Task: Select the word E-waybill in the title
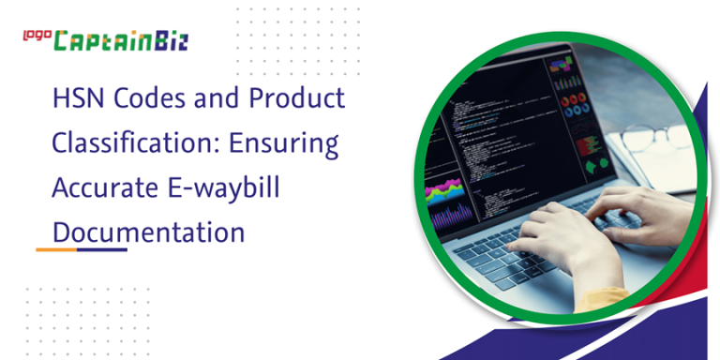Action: pos(229,187)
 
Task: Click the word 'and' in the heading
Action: pos(218,98)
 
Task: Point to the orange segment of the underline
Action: pos(56,249)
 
